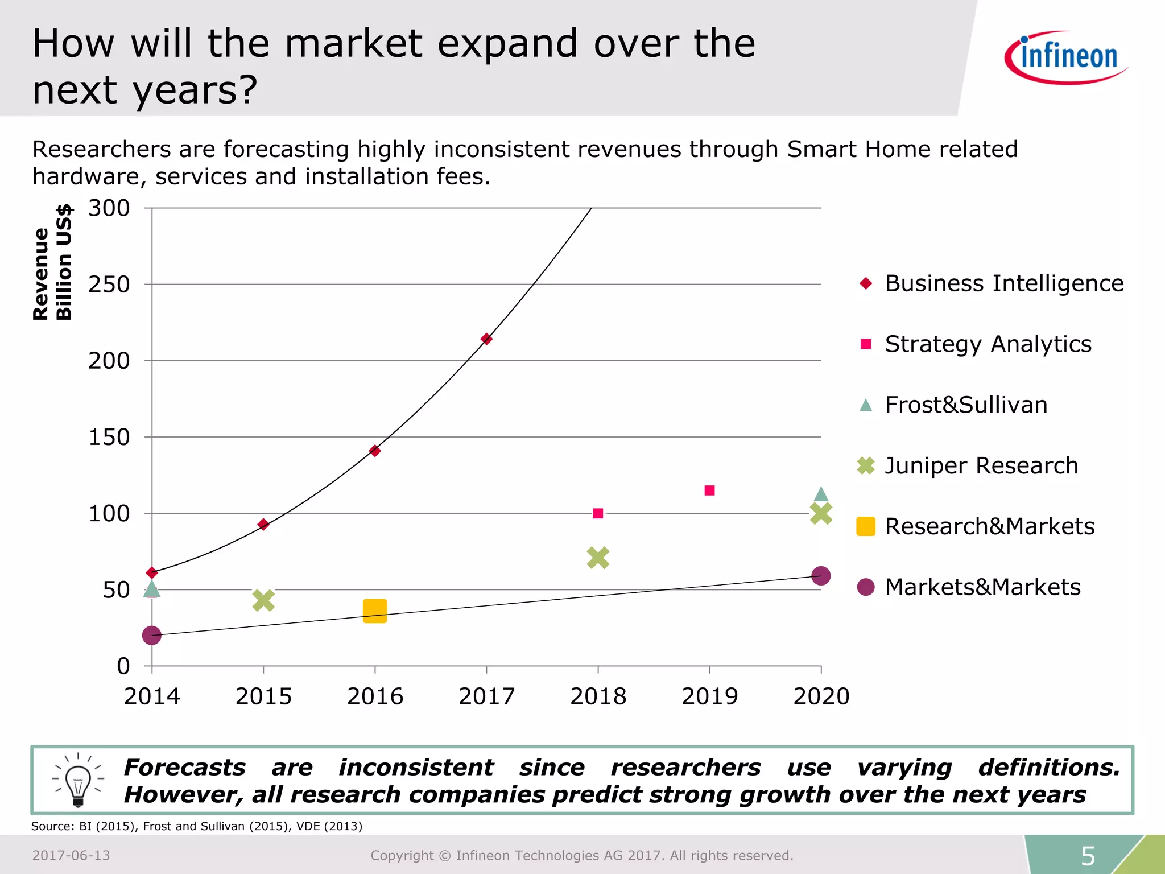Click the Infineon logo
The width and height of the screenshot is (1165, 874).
click(1066, 57)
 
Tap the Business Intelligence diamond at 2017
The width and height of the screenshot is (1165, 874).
click(486, 339)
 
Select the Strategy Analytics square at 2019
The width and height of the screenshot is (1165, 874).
click(709, 490)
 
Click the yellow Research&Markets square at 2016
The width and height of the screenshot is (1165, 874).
click(375, 611)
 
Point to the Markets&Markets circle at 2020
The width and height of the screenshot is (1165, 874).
click(820, 576)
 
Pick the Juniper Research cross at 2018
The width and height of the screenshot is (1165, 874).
click(598, 558)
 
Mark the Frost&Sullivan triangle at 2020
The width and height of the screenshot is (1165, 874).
click(821, 494)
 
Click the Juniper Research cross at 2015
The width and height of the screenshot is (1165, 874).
click(263, 600)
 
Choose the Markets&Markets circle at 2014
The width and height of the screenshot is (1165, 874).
click(152, 635)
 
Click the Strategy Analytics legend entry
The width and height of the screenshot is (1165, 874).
click(988, 344)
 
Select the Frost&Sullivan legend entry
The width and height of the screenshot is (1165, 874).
click(966, 405)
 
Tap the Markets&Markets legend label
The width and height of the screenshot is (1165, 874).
click(982, 587)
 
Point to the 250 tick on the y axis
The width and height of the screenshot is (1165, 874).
click(109, 285)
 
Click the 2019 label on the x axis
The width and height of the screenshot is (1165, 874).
click(709, 696)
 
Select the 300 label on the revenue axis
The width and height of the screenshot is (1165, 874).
click(109, 208)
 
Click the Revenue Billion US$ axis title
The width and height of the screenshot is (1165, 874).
click(52, 263)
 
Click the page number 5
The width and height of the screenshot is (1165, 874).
click(1088, 856)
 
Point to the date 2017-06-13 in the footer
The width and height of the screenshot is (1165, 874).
click(71, 856)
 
